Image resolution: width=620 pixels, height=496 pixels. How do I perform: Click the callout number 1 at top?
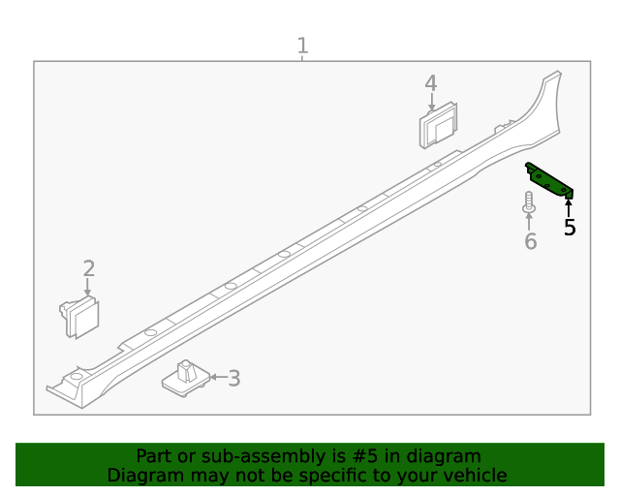click(x=302, y=45)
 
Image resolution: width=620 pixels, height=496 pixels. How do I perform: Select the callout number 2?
click(x=88, y=268)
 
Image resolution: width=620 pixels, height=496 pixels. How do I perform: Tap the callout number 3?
click(x=233, y=378)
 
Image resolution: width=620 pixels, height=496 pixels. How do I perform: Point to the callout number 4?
click(x=430, y=84)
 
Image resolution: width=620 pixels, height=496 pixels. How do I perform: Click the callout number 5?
click(x=570, y=228)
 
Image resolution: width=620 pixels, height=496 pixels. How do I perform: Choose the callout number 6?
click(x=530, y=240)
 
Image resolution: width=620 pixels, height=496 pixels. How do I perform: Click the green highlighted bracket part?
click(x=549, y=180)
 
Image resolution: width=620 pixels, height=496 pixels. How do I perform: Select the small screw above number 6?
click(x=529, y=202)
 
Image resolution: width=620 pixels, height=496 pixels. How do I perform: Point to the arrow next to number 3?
click(x=216, y=378)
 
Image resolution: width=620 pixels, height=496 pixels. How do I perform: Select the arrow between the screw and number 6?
click(x=529, y=222)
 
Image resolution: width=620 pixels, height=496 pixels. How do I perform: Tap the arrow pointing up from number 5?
click(x=569, y=206)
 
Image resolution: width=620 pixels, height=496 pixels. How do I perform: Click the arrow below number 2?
click(x=87, y=288)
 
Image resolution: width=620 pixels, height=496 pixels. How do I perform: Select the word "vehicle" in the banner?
click(x=475, y=475)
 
